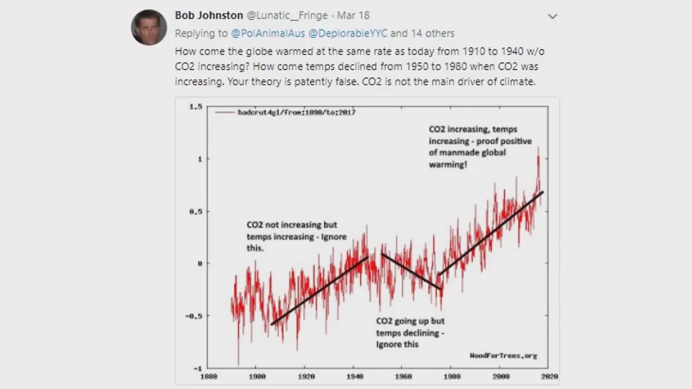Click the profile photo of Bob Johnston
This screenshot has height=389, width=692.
[x=149, y=28]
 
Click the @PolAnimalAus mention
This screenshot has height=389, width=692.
[x=268, y=33]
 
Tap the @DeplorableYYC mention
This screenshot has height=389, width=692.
[x=348, y=33]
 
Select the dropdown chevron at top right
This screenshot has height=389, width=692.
[x=552, y=16]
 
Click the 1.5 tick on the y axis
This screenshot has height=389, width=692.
[x=195, y=107]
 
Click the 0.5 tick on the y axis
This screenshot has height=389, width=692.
[x=195, y=211]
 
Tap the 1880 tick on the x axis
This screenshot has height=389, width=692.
[x=208, y=376]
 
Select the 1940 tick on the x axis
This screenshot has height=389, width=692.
[x=355, y=376]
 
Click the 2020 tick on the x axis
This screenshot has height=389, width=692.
[x=549, y=376]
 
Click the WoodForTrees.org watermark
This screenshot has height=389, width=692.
[x=503, y=356]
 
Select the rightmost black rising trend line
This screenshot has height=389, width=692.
[x=490, y=233]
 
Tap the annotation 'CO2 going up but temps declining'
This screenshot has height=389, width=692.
[x=410, y=332]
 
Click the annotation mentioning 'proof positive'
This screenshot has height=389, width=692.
[x=480, y=146]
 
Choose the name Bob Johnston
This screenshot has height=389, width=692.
[x=209, y=16]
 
